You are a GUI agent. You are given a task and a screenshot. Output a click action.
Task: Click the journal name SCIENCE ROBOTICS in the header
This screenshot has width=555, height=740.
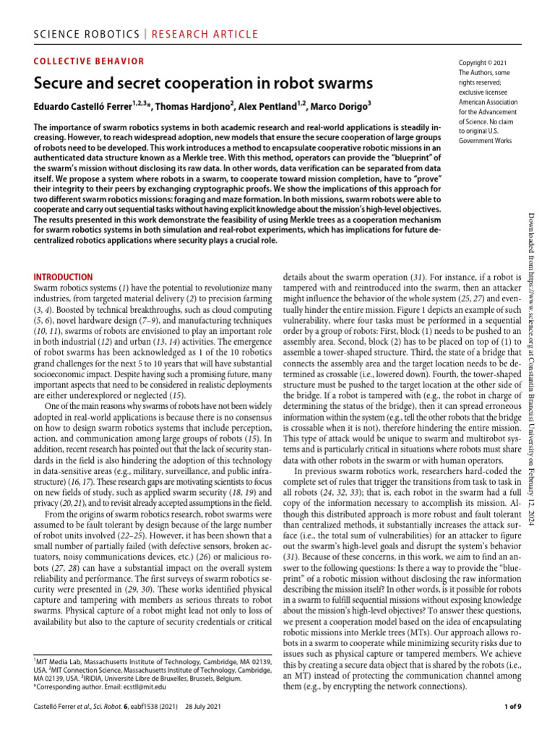pyautogui.click(x=79, y=34)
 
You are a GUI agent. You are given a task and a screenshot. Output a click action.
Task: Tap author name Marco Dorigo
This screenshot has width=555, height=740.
pyautogui.click(x=342, y=107)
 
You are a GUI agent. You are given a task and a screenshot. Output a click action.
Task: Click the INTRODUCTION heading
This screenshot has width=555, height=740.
pyautogui.click(x=64, y=277)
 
